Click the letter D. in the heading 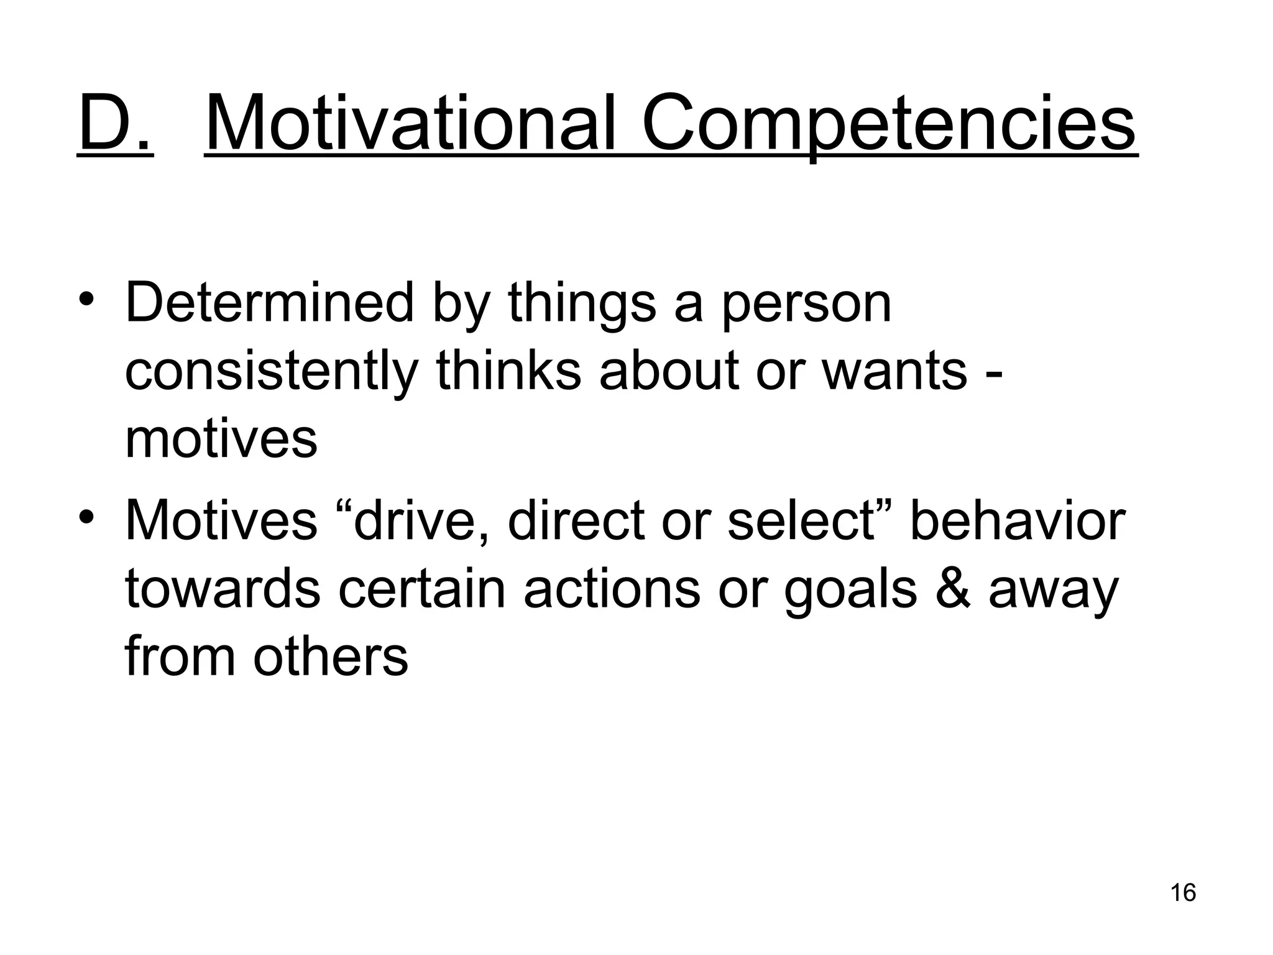coord(115,124)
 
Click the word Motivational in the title coord(410,124)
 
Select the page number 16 coord(1183,893)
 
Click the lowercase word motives coord(221,439)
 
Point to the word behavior coord(1018,521)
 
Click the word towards coord(223,589)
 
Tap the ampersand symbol coord(952,589)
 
